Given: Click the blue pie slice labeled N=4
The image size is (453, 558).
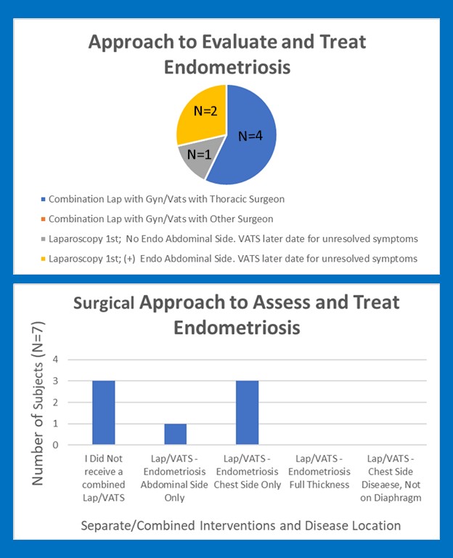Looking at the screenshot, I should [x=247, y=134].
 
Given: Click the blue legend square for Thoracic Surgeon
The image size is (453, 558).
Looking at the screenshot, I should [x=44, y=199].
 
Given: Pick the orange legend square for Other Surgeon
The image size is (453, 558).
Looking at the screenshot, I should [x=44, y=219].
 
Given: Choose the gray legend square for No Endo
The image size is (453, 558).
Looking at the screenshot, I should [x=44, y=238].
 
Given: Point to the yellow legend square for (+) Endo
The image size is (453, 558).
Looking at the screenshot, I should [x=44, y=259].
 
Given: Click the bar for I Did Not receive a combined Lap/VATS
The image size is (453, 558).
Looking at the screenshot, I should [x=103, y=413].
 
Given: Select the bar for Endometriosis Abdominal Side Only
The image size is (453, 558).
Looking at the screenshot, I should [x=175, y=434].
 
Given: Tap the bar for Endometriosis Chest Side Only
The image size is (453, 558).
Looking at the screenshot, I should [x=247, y=413].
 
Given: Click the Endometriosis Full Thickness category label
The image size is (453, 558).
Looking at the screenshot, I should [x=319, y=472].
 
